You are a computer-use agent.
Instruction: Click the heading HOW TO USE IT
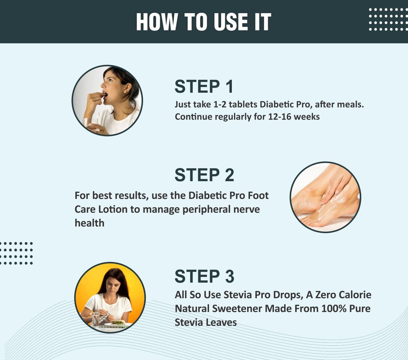204,22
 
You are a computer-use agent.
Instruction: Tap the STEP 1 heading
204,87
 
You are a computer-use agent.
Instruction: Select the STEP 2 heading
204,175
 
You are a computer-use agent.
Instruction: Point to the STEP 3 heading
204,276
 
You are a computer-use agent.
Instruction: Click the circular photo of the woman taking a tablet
107,100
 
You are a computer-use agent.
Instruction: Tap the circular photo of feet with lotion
325,197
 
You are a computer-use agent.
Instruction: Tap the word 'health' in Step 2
89,223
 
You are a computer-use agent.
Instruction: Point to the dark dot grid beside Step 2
16,253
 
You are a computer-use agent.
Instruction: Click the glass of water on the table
96,319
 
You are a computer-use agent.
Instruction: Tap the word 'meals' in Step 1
351,104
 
